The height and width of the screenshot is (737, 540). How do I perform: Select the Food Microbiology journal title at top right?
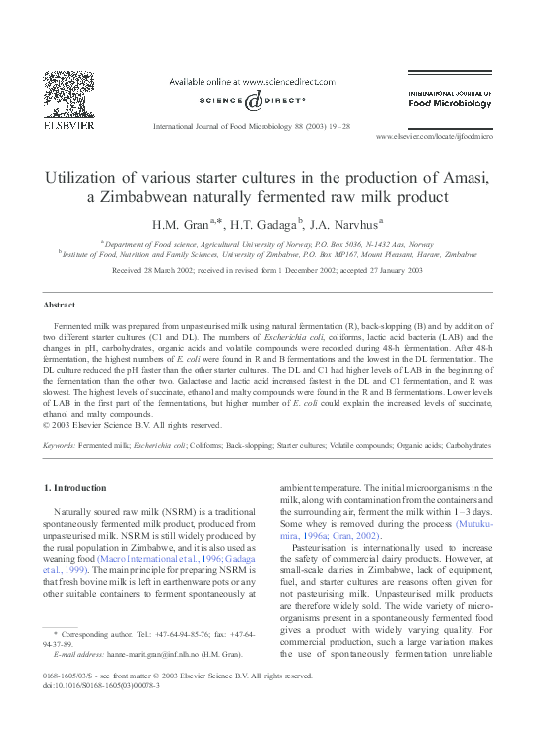[x=450, y=102]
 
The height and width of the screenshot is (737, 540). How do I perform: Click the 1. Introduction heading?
[x=76, y=487]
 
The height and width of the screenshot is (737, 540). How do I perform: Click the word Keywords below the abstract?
[x=60, y=447]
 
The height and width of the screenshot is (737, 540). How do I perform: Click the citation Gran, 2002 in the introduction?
[x=346, y=536]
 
